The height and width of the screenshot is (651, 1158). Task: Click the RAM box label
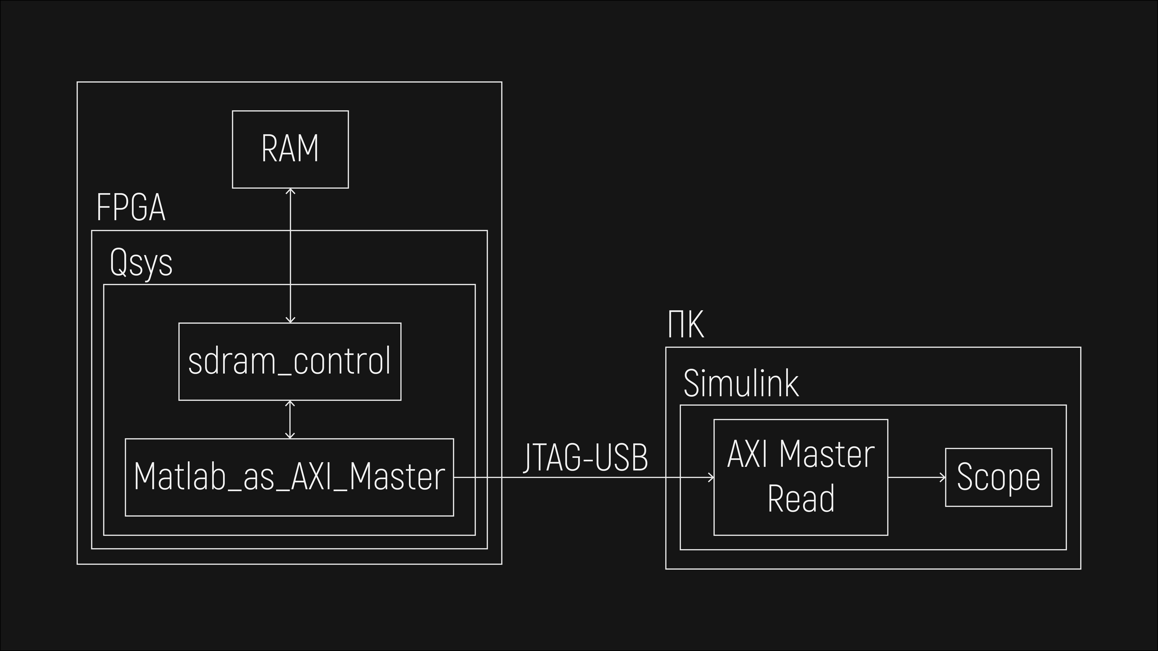click(290, 149)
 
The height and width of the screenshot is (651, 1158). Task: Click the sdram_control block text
click(289, 361)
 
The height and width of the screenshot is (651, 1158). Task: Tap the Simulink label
click(741, 383)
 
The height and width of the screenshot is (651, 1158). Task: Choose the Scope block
click(998, 477)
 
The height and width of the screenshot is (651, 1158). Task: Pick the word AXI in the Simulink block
click(749, 454)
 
